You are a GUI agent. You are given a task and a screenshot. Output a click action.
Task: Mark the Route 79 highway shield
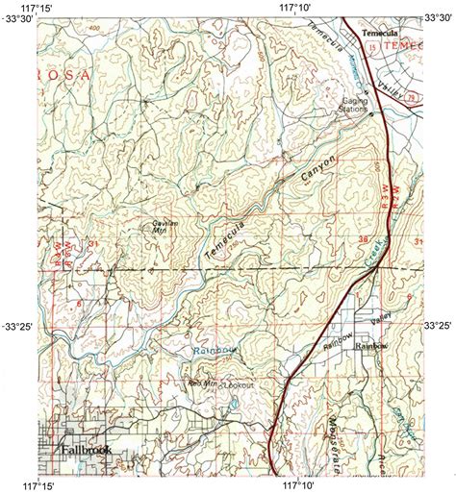(x=410, y=96)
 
